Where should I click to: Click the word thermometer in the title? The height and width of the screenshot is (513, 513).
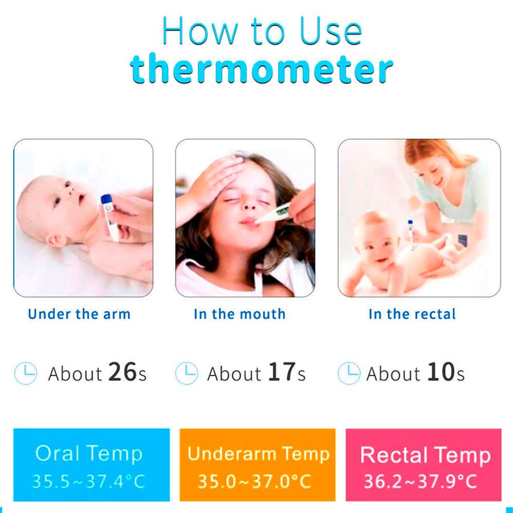click(261, 69)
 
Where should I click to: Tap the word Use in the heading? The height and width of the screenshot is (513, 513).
click(331, 31)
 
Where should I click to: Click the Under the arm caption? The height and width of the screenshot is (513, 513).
click(79, 314)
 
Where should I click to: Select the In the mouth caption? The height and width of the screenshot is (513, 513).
click(239, 314)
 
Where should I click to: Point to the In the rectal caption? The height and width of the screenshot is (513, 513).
click(412, 314)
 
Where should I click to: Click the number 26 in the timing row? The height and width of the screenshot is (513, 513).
click(123, 372)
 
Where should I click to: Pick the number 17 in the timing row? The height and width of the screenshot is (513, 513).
click(282, 372)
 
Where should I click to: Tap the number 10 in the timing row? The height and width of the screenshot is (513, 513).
click(441, 372)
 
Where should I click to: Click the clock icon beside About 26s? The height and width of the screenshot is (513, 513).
click(26, 373)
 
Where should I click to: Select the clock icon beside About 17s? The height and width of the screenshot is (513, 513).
click(186, 373)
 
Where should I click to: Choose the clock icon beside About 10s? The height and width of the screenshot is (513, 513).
click(349, 373)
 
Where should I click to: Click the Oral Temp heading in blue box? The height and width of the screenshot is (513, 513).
click(89, 454)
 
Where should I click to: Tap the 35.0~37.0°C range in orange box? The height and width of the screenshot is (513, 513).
click(255, 481)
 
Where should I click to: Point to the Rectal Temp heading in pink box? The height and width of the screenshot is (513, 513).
click(425, 455)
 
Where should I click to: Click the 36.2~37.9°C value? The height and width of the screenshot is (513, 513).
click(421, 481)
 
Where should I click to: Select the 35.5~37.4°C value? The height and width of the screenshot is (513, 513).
click(88, 481)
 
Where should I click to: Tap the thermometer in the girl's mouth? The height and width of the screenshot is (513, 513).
click(273, 214)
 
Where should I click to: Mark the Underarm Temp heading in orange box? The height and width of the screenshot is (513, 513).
click(258, 454)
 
